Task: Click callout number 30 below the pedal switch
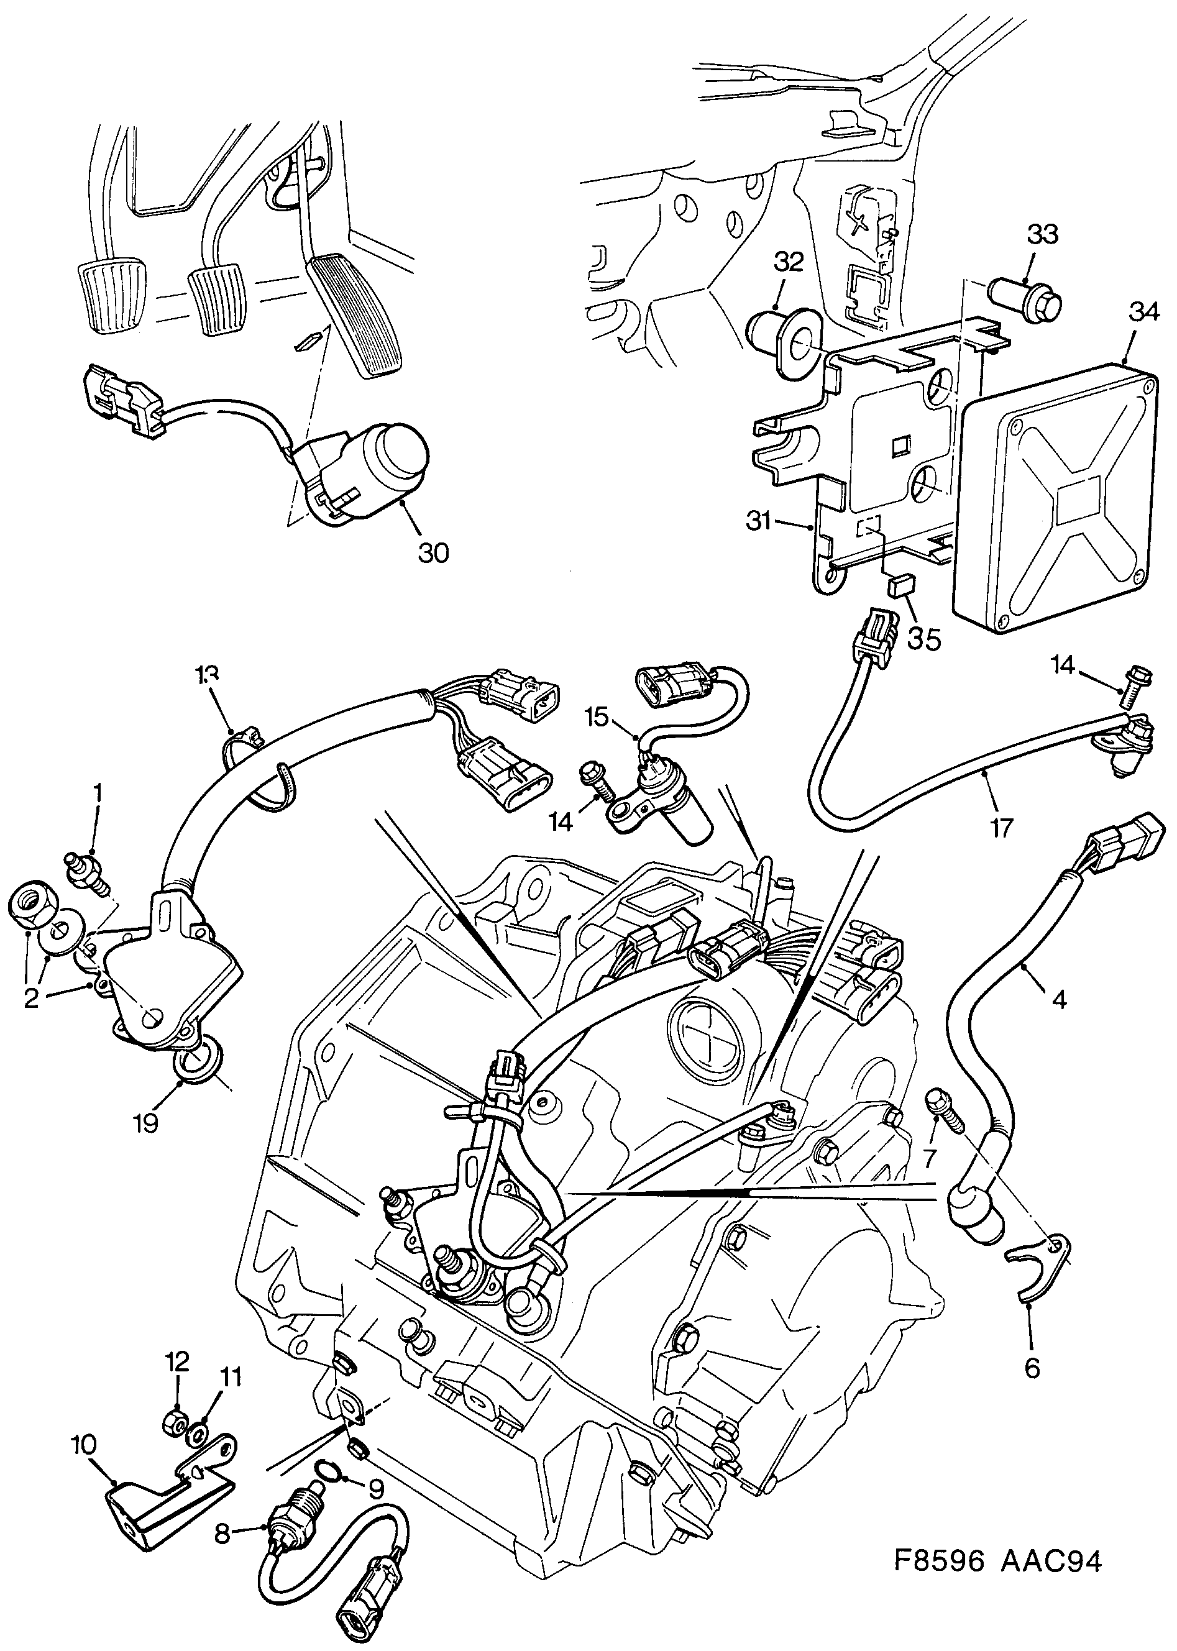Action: (433, 553)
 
